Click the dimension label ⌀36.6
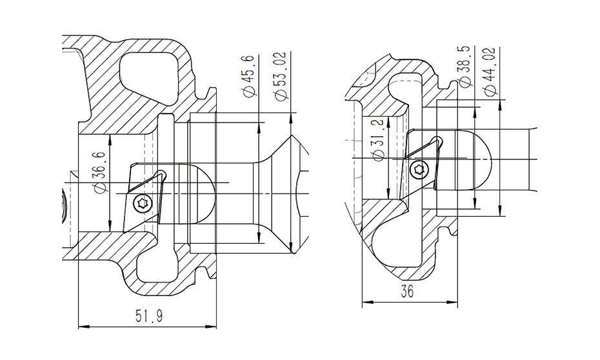(99, 172)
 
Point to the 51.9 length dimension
(149, 316)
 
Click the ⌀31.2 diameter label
(377, 140)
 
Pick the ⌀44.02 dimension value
(490, 71)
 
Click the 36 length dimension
(407, 292)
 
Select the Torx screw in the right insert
(419, 170)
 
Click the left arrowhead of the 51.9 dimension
(84, 327)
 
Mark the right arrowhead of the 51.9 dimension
(211, 327)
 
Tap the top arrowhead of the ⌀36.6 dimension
(110, 139)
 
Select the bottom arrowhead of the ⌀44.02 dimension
(500, 210)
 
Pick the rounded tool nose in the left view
(196, 195)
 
